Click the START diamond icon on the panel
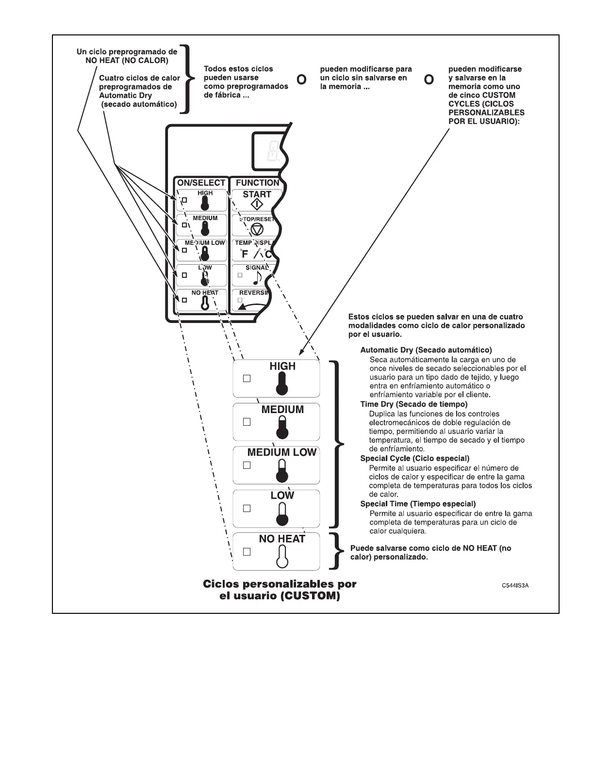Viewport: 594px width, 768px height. (x=256, y=205)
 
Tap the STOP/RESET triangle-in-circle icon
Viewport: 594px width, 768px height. (x=257, y=230)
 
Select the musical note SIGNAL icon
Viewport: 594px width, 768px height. (x=257, y=277)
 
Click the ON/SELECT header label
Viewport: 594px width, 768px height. (x=201, y=183)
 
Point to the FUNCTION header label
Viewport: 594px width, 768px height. (x=257, y=183)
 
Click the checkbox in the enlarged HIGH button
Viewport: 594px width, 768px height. (x=247, y=378)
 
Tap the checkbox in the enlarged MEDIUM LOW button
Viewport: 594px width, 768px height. (x=247, y=465)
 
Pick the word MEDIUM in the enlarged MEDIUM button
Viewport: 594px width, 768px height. (x=282, y=410)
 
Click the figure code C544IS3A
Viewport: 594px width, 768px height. (x=515, y=586)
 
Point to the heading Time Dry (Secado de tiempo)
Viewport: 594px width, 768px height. (x=414, y=404)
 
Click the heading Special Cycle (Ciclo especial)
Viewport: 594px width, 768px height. (x=415, y=458)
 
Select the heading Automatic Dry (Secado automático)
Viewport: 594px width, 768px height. (x=426, y=350)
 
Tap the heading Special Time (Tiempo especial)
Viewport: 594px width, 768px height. (x=418, y=504)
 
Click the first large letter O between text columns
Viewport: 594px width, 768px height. (x=301, y=80)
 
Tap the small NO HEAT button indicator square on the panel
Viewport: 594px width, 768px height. (x=184, y=300)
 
